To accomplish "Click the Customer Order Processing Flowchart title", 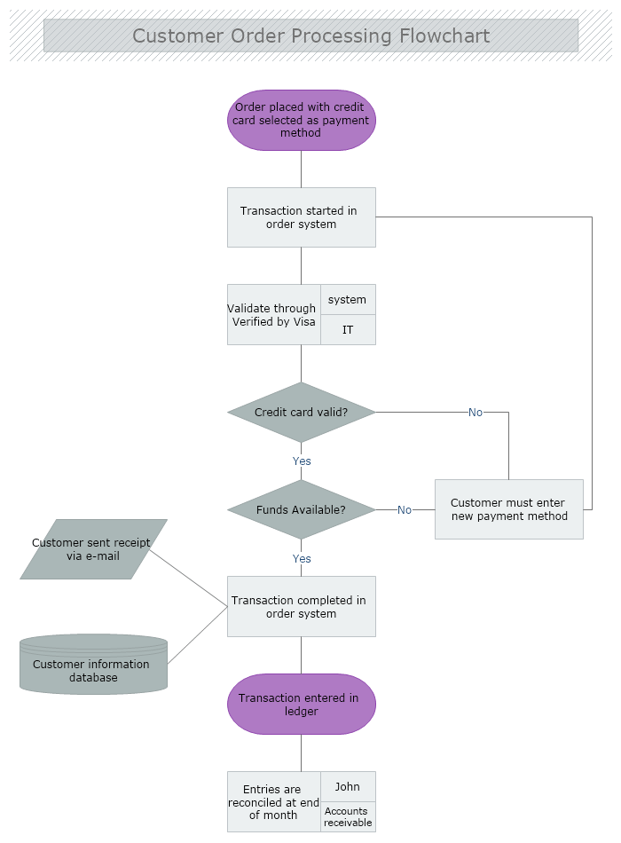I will click(x=310, y=36).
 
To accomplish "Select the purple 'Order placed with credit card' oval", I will click(x=302, y=120).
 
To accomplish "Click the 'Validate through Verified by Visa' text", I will click(x=273, y=315).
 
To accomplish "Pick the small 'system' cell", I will click(x=348, y=300).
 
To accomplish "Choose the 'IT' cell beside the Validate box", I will click(x=348, y=330).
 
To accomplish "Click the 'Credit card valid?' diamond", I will click(x=302, y=413).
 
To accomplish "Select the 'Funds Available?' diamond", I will click(x=302, y=510).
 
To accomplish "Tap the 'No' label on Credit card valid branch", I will click(x=476, y=413).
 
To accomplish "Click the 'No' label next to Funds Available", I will click(x=405, y=510).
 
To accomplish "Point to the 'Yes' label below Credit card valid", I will click(x=302, y=461).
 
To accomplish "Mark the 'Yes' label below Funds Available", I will click(x=302, y=559).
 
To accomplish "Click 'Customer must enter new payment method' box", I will click(x=509, y=509).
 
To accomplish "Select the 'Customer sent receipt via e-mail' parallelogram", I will click(x=92, y=549).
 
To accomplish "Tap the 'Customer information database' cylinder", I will click(x=93, y=666).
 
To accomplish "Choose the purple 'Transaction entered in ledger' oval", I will click(x=302, y=705).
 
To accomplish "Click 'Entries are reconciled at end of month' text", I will click(x=273, y=802).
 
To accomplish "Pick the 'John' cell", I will click(x=348, y=787).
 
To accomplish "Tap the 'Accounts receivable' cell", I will click(x=348, y=817).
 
